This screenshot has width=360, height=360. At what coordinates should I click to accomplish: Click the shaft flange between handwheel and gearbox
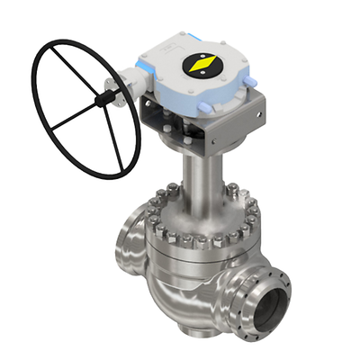[112, 88]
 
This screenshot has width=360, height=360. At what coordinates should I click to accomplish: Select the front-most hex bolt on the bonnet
[200, 242]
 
